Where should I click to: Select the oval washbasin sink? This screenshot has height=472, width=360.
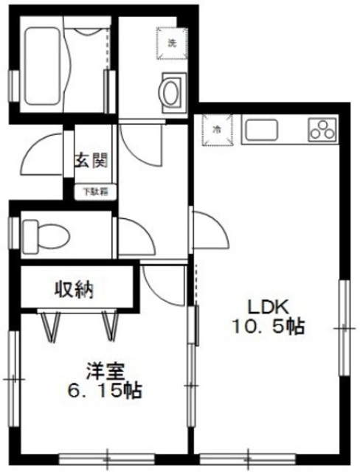[171, 93]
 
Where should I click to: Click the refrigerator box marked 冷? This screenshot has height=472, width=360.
[218, 129]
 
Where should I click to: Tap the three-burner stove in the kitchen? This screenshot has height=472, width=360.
[322, 130]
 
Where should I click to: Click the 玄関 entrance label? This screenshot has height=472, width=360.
[92, 159]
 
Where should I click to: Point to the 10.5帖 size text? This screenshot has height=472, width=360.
[269, 327]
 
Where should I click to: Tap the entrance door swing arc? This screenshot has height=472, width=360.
[46, 151]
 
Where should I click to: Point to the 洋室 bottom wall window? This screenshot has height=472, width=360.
[107, 456]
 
